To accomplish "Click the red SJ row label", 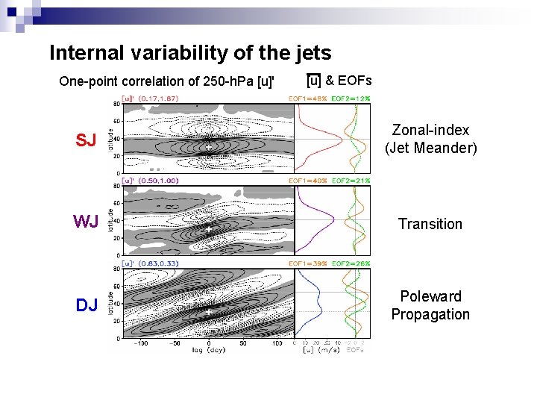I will pos(86,140).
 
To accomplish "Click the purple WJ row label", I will pos(86,222).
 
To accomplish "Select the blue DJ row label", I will pos(86,305).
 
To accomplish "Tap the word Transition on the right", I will pos(430,224).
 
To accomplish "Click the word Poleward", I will pos(430,296).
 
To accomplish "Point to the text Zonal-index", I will pos(430,131).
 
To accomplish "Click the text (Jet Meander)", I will pos(430,148).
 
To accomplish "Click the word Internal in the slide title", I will pos(81,53).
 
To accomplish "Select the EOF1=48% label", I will pos(307,99).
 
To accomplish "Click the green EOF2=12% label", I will pos(351,99).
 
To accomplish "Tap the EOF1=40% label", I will pos(307,181).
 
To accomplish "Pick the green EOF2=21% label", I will pos(351,181).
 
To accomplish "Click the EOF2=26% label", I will pos(351,263).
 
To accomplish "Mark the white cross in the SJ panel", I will pos(208,148).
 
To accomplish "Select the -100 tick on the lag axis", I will pos(140,345).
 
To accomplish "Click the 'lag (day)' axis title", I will pos(208,350).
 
